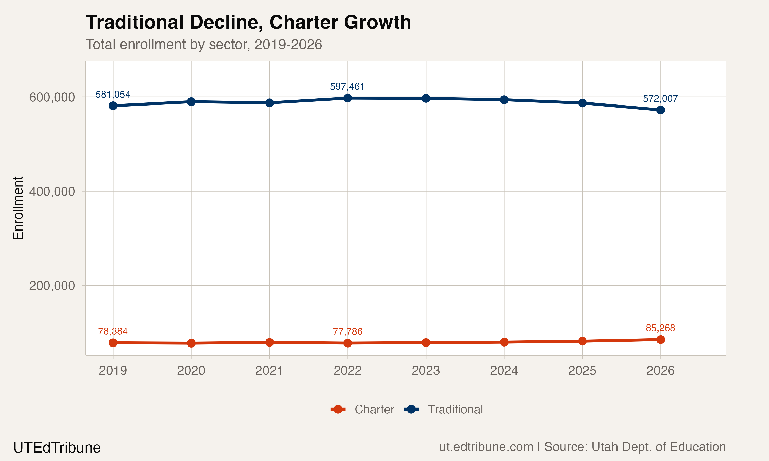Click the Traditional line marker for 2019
[113, 106]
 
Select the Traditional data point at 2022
[348, 98]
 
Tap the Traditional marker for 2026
[661, 110]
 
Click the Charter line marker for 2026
[661, 340]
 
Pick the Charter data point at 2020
[191, 343]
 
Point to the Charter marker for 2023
[426, 343]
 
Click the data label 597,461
[347, 86]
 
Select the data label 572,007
[660, 99]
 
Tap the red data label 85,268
[660, 328]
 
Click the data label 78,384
[113, 331]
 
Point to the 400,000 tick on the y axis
[52, 191]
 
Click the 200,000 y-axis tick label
[52, 286]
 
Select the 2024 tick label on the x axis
[504, 371]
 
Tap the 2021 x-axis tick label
[269, 371]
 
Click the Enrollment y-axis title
[18, 208]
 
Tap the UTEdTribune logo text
[57, 448]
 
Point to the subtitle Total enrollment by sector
[204, 44]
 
